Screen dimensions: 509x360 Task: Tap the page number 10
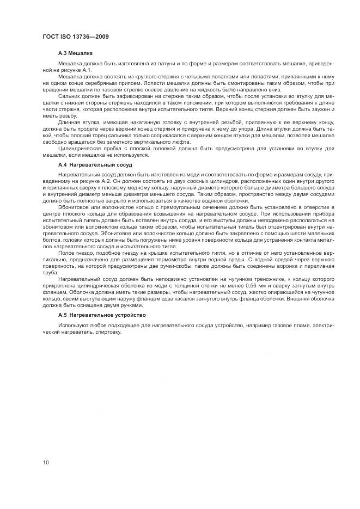pyautogui.click(x=46, y=462)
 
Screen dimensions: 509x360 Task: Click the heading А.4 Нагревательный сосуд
pyautogui.click(x=95, y=164)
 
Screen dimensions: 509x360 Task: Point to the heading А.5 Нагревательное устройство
pyautogui.click(x=102, y=315)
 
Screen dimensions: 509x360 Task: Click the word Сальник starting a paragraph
pyautogui.click(x=69, y=95)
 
